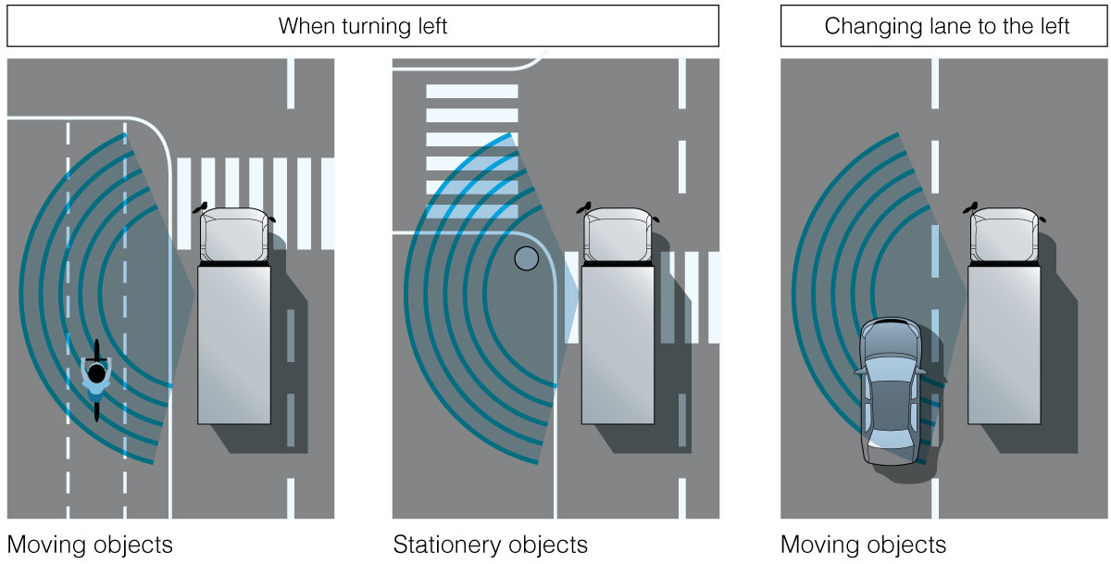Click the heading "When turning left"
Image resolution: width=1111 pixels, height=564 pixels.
coord(363,26)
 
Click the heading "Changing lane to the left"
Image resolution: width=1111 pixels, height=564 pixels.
coord(946,26)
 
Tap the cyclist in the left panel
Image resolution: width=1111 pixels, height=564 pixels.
coord(96,380)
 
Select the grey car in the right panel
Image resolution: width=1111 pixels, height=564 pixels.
coord(890,390)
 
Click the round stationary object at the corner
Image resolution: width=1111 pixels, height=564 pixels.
coord(526,259)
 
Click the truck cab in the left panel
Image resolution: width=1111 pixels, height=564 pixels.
coord(235,236)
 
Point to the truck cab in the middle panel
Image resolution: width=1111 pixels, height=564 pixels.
coord(618,236)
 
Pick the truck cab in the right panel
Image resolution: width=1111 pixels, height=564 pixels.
coord(1005,236)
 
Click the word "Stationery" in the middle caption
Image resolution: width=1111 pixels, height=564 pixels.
coord(440,545)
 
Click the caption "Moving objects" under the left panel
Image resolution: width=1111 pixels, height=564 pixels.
coord(89,545)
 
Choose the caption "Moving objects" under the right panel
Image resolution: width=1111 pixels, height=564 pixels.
coord(863,545)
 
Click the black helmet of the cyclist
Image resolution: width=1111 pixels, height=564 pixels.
coord(96,373)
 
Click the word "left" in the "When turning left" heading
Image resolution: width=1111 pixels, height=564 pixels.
coord(430,26)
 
